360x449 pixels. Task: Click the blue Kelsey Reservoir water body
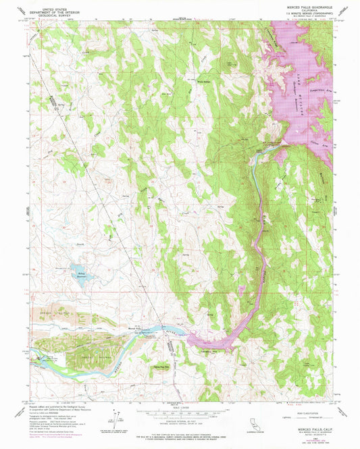pyautogui.click(x=80, y=275)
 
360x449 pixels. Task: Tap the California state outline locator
pyautogui.click(x=253, y=423)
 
